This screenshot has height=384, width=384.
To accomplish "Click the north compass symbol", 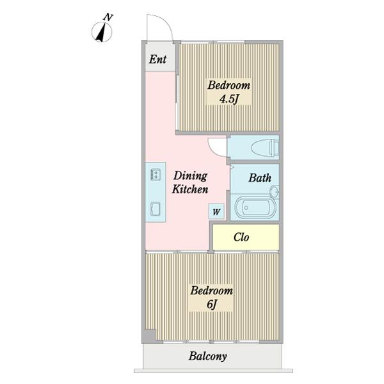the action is [x=102, y=32].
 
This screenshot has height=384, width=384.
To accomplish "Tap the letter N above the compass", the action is [x=108, y=17].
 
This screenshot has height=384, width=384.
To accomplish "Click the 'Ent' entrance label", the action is [x=157, y=60].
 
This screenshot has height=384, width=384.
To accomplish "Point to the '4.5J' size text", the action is [x=229, y=99].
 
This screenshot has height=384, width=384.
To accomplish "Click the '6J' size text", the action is [x=212, y=305].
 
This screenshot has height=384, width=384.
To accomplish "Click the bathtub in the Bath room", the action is [x=255, y=207].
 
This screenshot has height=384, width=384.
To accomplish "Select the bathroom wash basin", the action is [x=275, y=192].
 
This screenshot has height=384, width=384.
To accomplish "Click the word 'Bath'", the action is [x=260, y=178].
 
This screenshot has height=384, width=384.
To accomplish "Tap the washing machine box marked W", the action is [x=216, y=211].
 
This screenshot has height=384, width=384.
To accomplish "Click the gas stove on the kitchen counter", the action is [x=156, y=174].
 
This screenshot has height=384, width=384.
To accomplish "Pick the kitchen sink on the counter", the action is [x=156, y=209].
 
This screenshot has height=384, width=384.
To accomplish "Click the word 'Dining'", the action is [x=190, y=176].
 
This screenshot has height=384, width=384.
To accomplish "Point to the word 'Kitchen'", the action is [x=190, y=189].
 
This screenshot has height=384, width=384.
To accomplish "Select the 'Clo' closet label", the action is [x=241, y=237].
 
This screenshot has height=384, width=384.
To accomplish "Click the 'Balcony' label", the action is [x=207, y=356].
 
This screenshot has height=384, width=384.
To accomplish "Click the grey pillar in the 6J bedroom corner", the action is [x=149, y=335].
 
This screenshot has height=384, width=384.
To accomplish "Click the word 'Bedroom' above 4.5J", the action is [x=228, y=85].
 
